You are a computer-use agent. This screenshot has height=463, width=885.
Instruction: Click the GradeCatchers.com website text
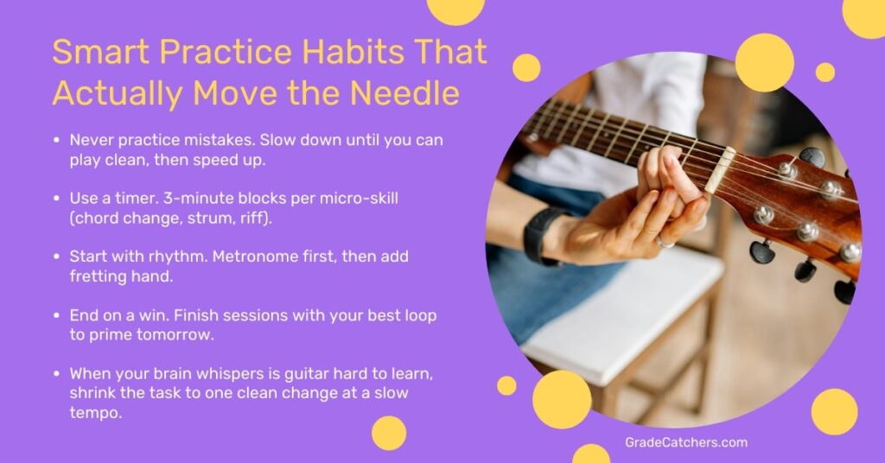[x=685, y=442]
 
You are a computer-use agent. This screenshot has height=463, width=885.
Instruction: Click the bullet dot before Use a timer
[x=57, y=199]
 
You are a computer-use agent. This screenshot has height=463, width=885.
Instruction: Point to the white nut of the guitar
[x=719, y=169]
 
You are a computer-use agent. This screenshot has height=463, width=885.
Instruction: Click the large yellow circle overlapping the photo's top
[x=764, y=63]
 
